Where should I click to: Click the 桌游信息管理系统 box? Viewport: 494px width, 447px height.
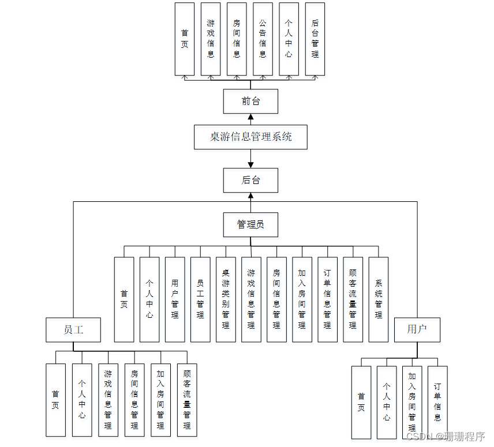pos(250,137)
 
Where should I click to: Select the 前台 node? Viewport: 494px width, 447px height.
pos(250,102)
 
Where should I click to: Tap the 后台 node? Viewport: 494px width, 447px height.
pos(250,180)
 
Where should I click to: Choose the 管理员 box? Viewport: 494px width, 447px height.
pos(250,224)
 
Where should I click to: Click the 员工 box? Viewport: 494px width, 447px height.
pos(73,330)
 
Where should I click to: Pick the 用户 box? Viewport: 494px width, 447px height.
pos(417,329)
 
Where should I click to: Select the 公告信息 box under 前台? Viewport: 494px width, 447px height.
pos(263,39)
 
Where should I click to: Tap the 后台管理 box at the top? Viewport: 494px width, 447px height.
pos(315,39)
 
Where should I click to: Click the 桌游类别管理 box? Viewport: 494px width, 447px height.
pos(226,299)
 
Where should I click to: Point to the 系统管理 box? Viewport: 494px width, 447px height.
pos(378,299)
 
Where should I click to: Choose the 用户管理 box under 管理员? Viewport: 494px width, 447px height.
pos(175,299)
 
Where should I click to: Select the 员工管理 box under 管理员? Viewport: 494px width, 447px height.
pos(200,299)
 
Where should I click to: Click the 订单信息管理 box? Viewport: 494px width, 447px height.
pos(327,299)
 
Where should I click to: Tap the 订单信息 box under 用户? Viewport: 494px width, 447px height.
pos(437,402)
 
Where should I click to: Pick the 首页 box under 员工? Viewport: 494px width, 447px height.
pos(56,400)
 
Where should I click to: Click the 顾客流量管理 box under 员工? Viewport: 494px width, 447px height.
pos(187,400)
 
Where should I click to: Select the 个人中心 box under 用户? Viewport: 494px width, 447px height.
pos(387,402)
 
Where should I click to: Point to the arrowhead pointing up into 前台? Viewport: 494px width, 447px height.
pos(250,117)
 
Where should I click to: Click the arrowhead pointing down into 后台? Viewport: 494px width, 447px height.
pos(250,165)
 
